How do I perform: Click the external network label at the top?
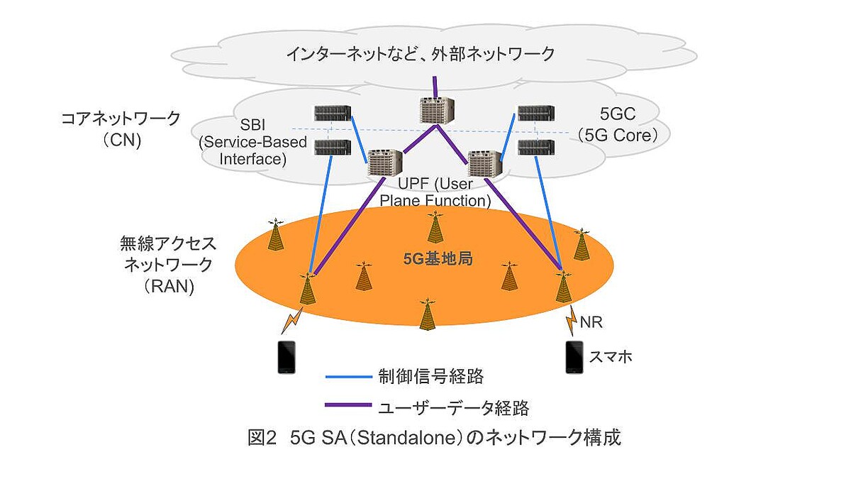click(421, 53)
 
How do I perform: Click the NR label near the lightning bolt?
click(592, 324)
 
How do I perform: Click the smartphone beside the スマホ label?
click(574, 358)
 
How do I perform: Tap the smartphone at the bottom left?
click(286, 358)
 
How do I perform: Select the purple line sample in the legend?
click(348, 406)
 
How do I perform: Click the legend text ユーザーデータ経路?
click(455, 407)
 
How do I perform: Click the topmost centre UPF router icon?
click(434, 111)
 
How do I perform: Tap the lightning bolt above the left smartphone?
click(291, 320)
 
